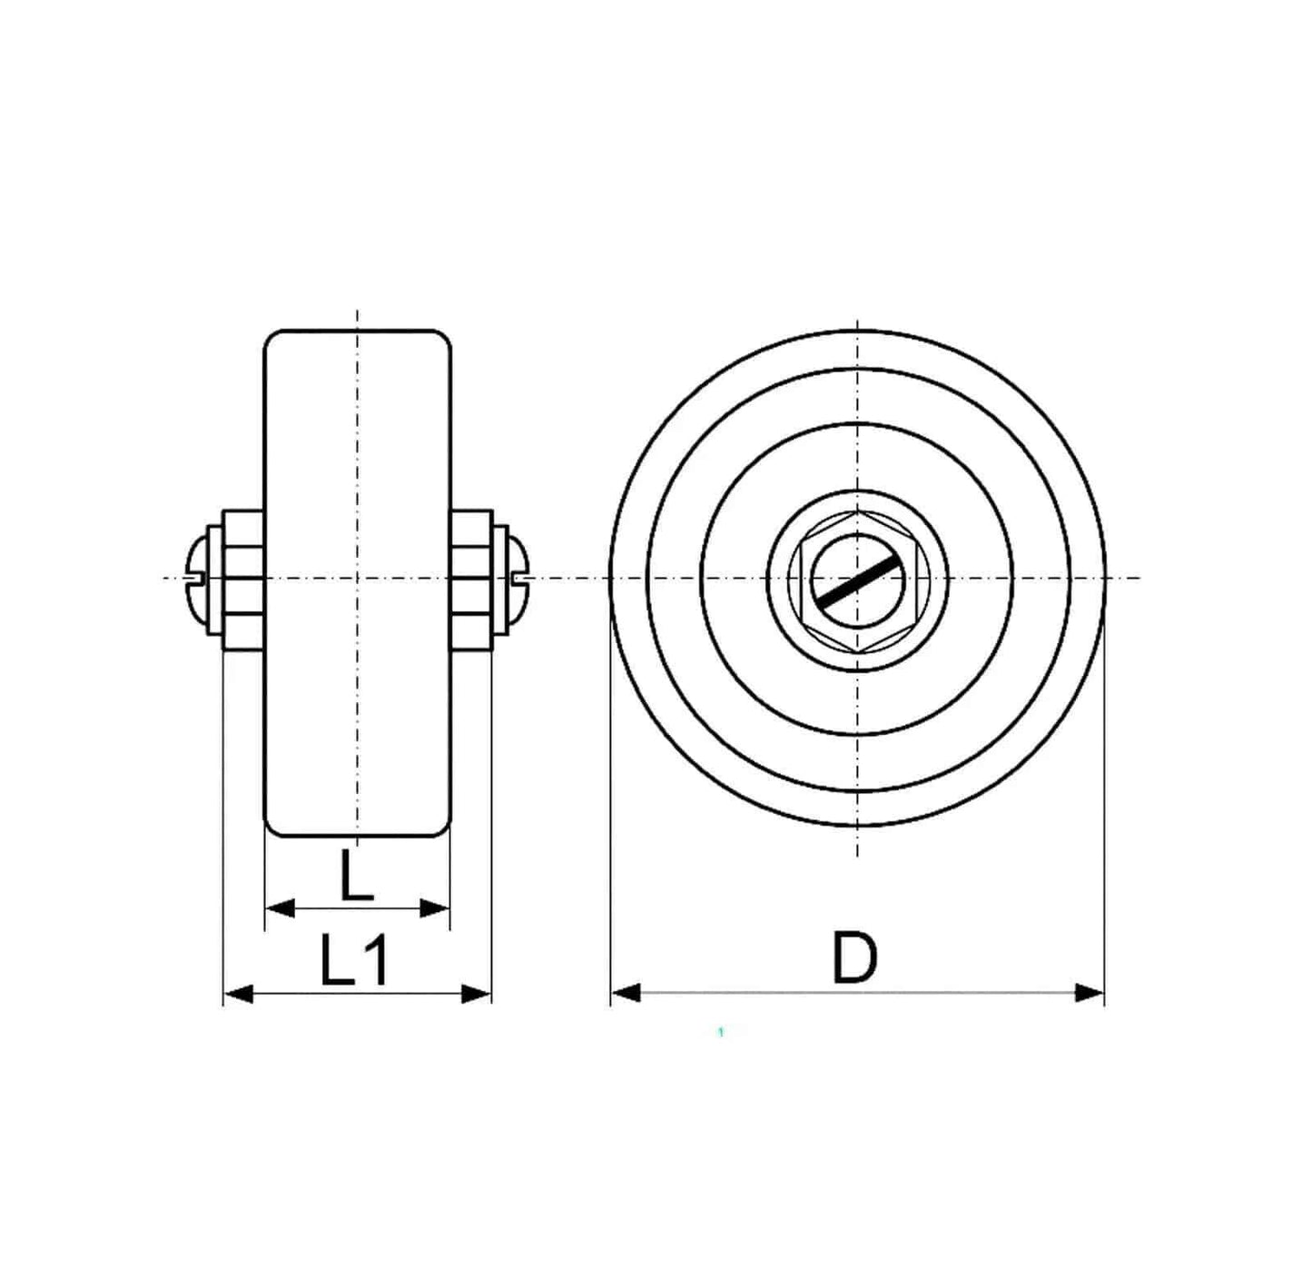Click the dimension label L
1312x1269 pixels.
356,876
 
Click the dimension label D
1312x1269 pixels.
855,957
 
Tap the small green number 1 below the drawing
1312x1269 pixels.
720,1032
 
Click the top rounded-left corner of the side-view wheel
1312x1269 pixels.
271,338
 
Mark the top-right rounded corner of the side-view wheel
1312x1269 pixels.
444,338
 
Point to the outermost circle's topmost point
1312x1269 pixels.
857,331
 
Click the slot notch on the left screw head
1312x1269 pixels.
192,578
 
